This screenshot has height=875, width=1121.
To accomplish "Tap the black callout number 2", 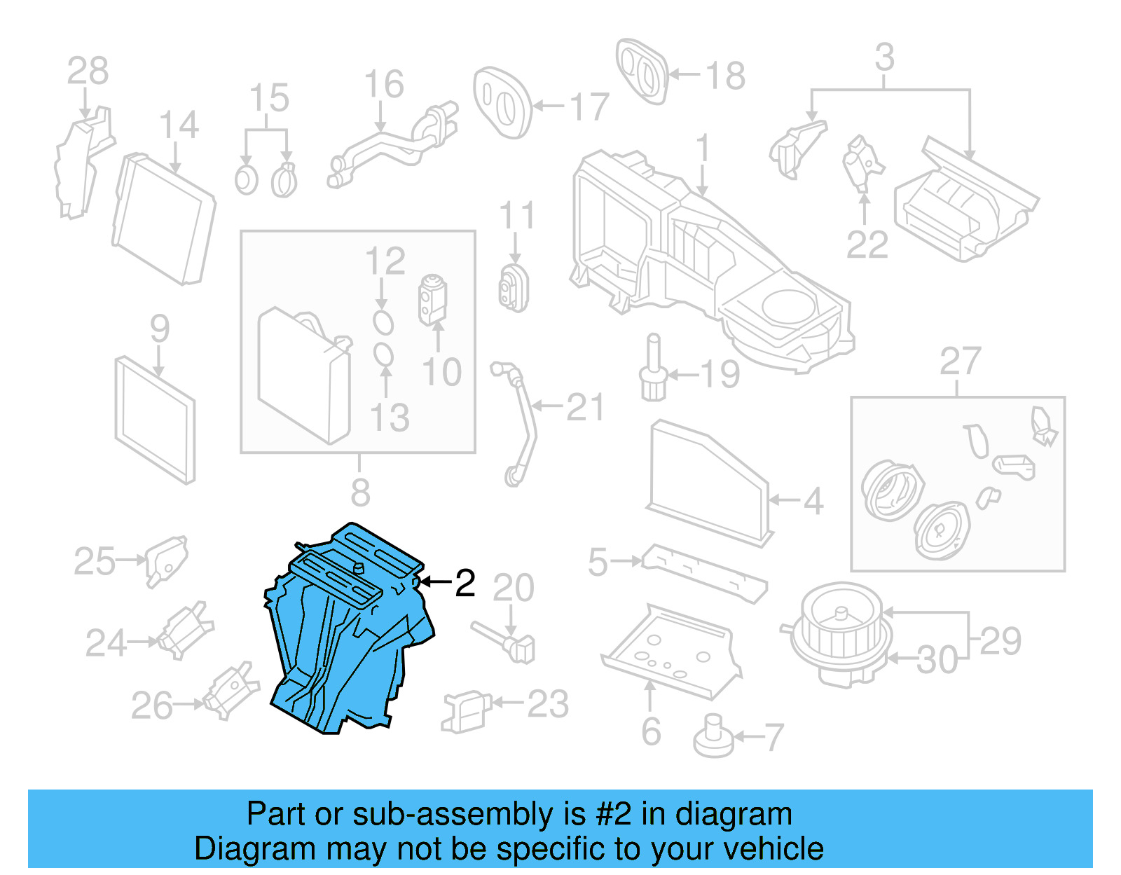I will (x=465, y=583).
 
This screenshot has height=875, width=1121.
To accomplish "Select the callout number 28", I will (x=88, y=71).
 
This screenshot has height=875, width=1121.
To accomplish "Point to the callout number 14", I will (x=179, y=125).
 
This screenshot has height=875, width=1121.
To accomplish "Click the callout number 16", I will (x=384, y=84).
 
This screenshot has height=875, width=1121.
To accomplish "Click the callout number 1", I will (x=703, y=149).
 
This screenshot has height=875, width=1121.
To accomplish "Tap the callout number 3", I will (x=884, y=57).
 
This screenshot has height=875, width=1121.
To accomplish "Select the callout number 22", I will (x=867, y=244).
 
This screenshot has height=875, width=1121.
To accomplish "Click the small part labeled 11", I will (x=514, y=287).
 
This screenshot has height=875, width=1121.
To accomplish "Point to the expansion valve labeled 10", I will (x=432, y=300).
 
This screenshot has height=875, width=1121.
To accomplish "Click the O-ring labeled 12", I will (x=383, y=322).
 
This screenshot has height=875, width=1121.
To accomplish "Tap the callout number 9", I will (x=160, y=328).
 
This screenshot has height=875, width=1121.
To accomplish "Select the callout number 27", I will (x=959, y=361).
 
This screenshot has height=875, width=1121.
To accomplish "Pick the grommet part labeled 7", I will (x=713, y=736).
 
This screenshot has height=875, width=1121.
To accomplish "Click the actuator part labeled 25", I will (x=165, y=560).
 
